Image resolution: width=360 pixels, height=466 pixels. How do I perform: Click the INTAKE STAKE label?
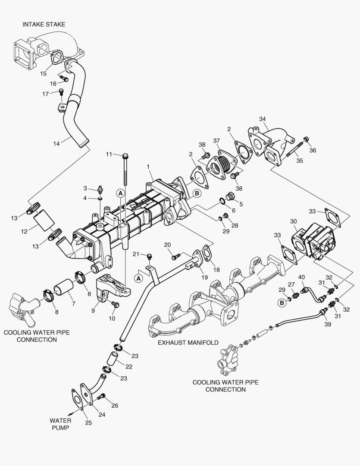44,25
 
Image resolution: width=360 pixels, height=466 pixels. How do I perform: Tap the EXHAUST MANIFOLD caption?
188,342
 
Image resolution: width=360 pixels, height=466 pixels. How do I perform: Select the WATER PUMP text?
60,424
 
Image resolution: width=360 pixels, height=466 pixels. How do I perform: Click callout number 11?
110,154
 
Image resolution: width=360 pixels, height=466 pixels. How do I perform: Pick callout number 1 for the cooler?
148,166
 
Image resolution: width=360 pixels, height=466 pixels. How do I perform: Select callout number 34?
262,119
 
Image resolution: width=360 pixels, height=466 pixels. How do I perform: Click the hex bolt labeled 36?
306,139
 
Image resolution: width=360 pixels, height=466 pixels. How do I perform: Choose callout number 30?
293,221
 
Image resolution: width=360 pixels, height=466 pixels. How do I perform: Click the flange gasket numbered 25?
78,399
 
